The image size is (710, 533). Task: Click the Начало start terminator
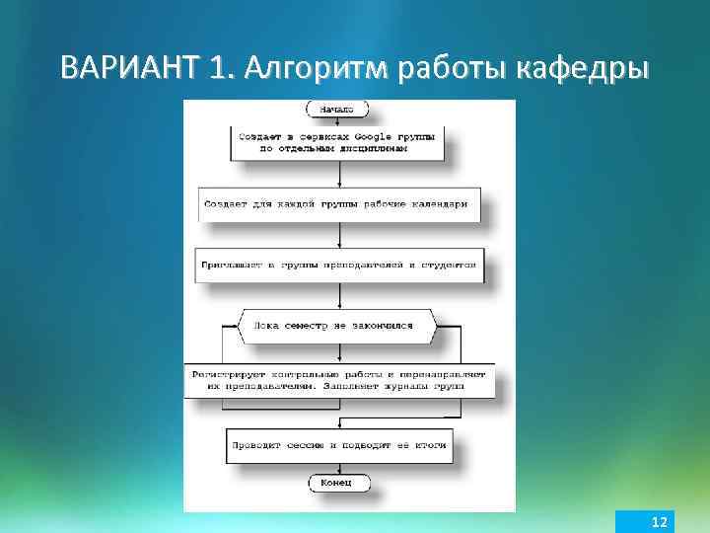pos(339,110)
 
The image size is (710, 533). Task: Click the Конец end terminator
pos(339,483)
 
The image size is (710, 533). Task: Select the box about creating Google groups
pos(339,143)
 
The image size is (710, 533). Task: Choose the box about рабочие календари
pos(339,204)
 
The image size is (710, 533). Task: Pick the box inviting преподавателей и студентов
pos(339,265)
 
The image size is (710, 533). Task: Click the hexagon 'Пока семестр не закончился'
pos(337,325)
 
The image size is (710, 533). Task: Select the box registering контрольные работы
pos(338,381)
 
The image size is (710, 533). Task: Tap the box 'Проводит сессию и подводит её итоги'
pos(339,445)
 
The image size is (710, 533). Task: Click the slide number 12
pos(660,520)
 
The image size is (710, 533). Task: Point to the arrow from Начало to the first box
pos(339,121)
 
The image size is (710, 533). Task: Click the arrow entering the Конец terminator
pos(339,468)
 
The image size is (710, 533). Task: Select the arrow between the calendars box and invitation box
pos(339,234)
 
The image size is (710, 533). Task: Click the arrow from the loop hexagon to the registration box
pos(339,353)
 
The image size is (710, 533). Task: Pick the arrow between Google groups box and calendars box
pos(339,174)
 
